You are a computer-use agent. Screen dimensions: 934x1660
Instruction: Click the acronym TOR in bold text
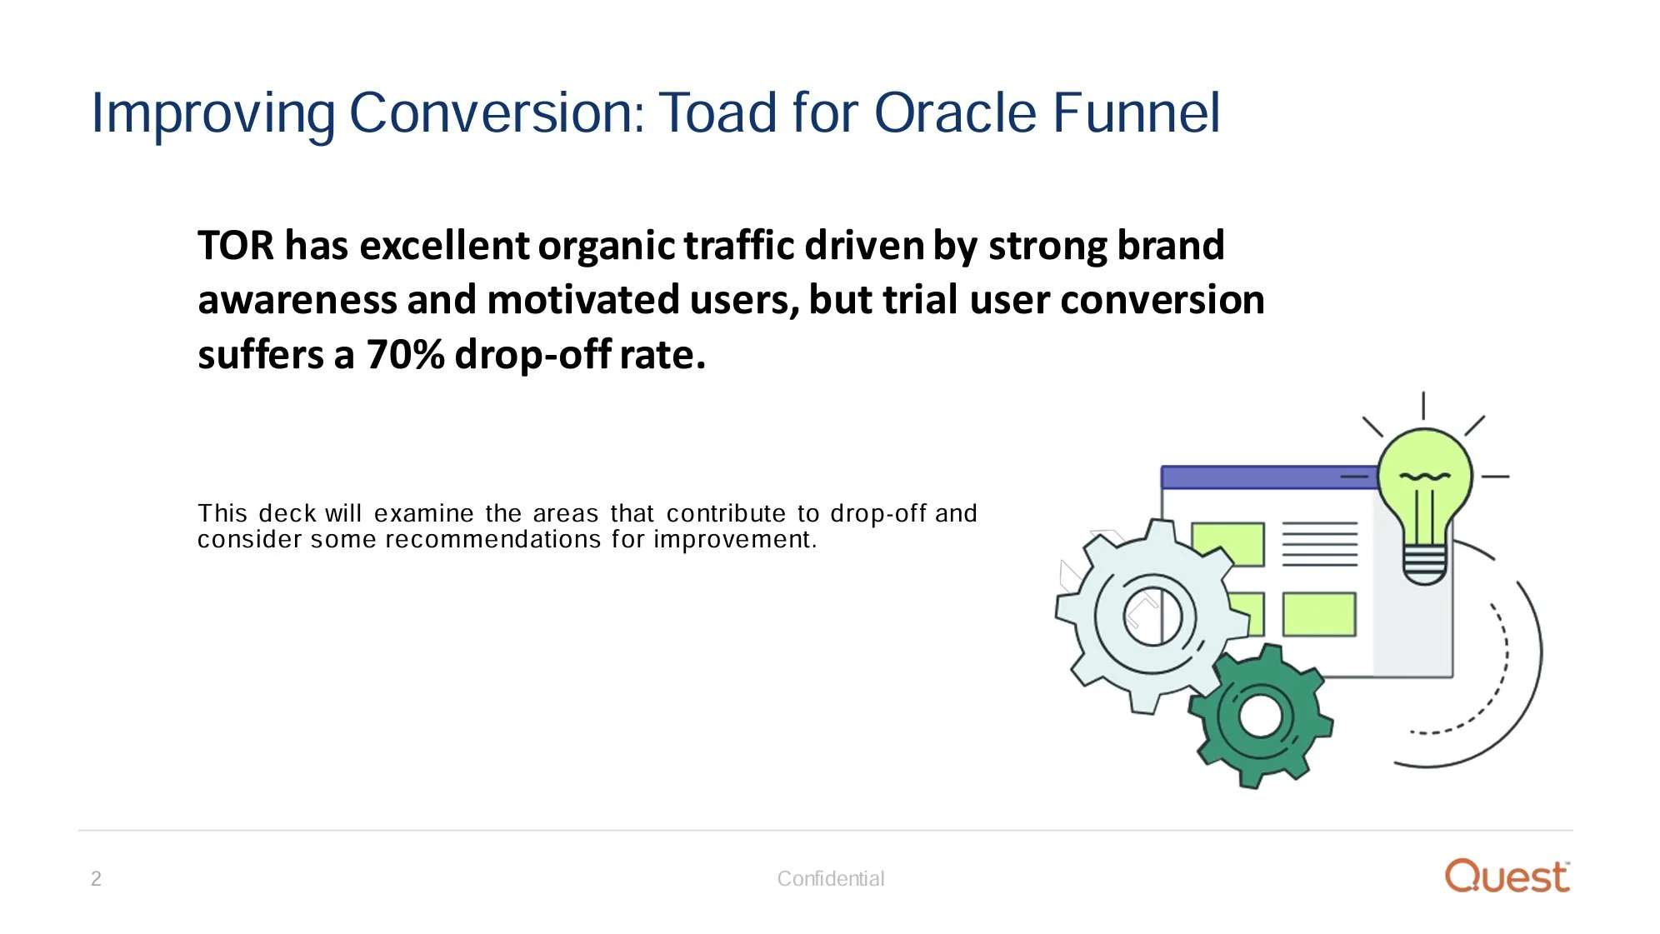[235, 246]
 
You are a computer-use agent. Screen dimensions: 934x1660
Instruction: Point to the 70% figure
[405, 355]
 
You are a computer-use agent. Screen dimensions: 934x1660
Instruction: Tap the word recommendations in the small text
[492, 540]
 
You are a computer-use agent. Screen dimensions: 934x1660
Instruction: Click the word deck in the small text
[287, 513]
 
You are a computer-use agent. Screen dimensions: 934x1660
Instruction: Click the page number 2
[96, 879]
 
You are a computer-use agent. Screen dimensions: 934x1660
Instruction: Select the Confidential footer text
[830, 879]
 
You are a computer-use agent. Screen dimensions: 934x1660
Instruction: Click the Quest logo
[1507, 877]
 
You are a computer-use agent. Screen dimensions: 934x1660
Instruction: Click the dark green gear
[1259, 717]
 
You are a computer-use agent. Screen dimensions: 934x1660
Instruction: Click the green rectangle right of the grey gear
[1318, 615]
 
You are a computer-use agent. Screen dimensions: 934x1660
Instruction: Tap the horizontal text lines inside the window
[1319, 544]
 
